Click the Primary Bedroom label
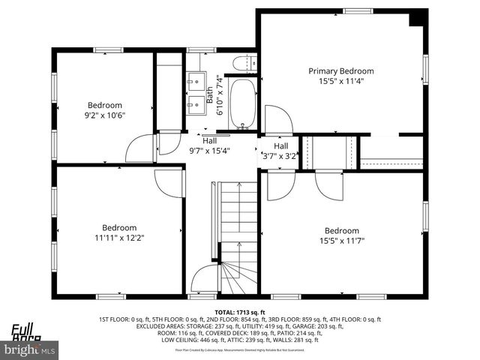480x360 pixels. tap(341, 71)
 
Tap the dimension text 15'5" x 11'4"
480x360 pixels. tap(341, 83)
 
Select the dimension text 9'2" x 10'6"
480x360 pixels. tap(105, 115)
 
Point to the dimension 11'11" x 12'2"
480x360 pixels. tap(119, 238)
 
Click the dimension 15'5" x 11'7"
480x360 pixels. tap(341, 241)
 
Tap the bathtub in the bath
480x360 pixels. tap(243, 103)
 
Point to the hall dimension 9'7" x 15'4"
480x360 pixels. tap(209, 150)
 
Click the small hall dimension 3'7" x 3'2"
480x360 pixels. tap(280, 156)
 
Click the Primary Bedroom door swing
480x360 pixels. tap(277, 120)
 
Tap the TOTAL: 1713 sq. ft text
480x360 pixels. tap(240, 311)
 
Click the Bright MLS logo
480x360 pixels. tap(30, 349)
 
